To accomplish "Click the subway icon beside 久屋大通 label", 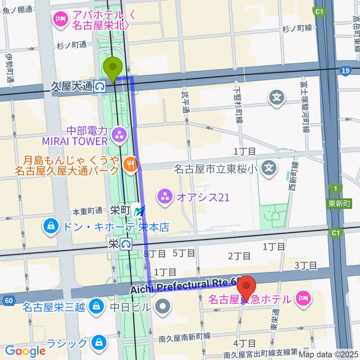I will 100,87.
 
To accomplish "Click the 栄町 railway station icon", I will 139,211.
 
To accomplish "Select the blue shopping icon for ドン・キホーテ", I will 49,226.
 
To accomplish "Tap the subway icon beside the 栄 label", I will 126,244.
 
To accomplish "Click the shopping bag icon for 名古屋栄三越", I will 96,307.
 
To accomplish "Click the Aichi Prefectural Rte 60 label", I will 186,286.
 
